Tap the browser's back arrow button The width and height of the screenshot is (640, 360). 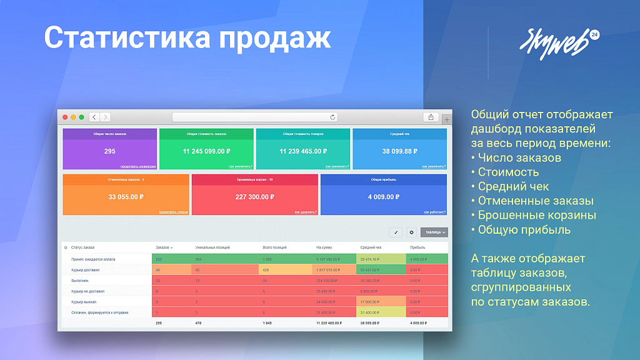coord(94,117)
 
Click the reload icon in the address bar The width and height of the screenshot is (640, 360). coord(332,117)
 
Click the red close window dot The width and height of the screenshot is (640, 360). coord(64,117)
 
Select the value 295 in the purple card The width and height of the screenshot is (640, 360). coord(109,151)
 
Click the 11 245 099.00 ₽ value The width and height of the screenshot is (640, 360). coord(206,151)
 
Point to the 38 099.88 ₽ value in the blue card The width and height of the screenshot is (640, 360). coord(399,151)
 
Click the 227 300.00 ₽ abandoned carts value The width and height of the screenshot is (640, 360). coord(255,197)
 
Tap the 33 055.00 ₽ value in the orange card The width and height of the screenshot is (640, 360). coord(126,197)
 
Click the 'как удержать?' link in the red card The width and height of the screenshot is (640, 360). coord(306,212)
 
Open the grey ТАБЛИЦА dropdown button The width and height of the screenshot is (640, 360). coord(434,232)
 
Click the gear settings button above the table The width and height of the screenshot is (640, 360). coord(411,232)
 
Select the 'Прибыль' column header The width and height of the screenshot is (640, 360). coord(417,247)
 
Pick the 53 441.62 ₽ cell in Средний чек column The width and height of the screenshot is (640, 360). coord(370,270)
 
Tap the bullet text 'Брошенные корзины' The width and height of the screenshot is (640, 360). coord(537,216)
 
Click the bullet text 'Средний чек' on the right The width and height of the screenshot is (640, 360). coord(513,186)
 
